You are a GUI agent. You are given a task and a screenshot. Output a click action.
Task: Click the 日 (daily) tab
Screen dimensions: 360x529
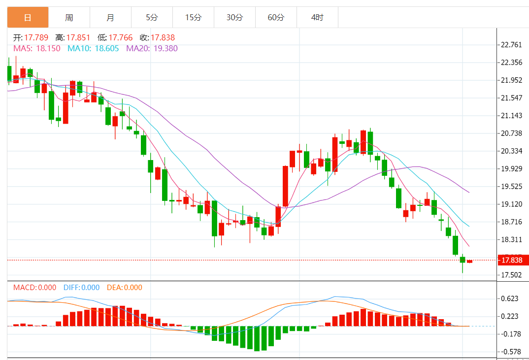coord(28,18)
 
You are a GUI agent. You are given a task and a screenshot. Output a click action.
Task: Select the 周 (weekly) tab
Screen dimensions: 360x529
coord(69,18)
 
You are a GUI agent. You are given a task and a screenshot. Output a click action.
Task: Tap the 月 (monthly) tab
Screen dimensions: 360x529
coord(110,18)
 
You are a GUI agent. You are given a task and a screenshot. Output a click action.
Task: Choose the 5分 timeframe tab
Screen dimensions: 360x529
coord(152,18)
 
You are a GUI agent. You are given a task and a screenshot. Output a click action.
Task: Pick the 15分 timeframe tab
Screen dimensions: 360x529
coord(193,18)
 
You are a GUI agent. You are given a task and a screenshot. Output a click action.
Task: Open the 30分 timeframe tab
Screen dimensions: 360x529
coord(234,18)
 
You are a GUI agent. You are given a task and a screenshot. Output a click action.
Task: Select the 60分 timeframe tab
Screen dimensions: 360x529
coord(276,18)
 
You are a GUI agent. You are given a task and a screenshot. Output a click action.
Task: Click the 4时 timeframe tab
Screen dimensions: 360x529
coord(317,18)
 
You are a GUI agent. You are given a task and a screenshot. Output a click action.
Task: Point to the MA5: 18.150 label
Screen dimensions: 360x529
coord(36,48)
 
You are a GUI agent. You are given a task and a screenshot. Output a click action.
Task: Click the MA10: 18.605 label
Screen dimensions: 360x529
coord(93,48)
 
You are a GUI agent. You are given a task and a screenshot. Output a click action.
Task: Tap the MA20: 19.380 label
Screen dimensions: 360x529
coord(152,48)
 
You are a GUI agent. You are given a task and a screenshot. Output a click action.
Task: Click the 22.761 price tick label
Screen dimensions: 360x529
coord(511,45)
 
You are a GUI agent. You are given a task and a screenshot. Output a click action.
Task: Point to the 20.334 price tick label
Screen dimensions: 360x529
coord(511,151)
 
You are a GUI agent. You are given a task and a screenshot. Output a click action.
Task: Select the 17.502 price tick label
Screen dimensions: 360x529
coord(511,275)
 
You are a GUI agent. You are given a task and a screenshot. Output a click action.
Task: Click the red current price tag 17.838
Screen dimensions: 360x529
coord(513,260)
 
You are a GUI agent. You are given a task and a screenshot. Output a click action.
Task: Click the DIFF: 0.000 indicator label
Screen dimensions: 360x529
coord(81,288)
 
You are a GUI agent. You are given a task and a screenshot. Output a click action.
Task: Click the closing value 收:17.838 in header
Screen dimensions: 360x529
coord(157,37)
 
